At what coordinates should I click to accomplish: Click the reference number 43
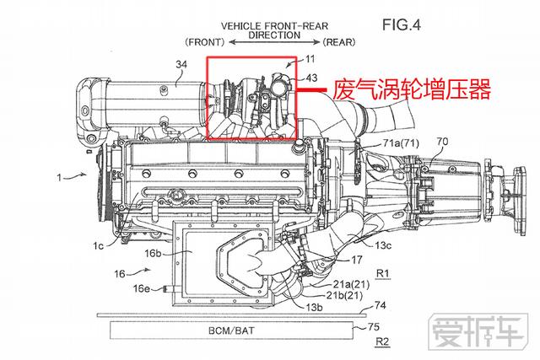point(311,78)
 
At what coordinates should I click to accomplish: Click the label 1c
point(99,245)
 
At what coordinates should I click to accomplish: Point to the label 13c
point(384,245)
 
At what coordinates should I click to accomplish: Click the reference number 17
point(357,261)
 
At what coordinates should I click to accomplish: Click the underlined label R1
point(382,273)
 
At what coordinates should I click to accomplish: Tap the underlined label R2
point(382,343)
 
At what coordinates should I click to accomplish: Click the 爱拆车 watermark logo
point(479,334)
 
